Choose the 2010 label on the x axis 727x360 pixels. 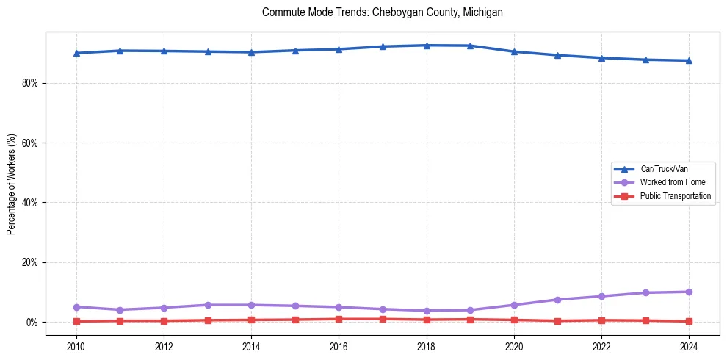click(76, 346)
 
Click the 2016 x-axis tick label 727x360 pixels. click(339, 346)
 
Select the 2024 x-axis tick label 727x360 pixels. click(689, 346)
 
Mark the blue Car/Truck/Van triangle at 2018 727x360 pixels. click(427, 46)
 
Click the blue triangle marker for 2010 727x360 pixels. click(76, 53)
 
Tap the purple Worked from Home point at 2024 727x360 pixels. click(689, 292)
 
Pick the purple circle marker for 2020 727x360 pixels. click(514, 305)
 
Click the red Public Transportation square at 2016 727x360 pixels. click(339, 319)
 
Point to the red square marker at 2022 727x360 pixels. click(601, 320)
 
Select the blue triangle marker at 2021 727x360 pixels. click(557, 55)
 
